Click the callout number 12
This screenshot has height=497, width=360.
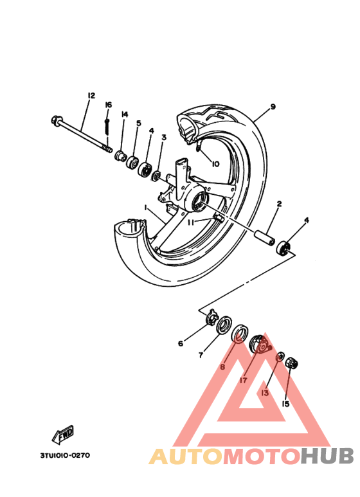coord(91,95)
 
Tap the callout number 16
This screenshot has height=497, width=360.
coord(109,105)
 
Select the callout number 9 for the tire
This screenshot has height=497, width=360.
coord(273,107)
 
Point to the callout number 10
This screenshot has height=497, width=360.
coord(215,164)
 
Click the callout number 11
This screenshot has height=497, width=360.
coord(191,223)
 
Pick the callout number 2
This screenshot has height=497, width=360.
coord(279,204)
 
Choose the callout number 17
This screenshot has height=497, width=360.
coord(243,380)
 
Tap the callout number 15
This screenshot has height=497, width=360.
coord(285,404)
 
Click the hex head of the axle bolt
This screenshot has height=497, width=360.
coord(55,120)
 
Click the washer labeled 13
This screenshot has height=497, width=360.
coord(280,357)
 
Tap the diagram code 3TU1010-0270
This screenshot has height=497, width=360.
coord(65,455)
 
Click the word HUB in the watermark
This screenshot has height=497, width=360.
coord(327,456)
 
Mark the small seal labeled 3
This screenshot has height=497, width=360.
coord(156,176)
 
